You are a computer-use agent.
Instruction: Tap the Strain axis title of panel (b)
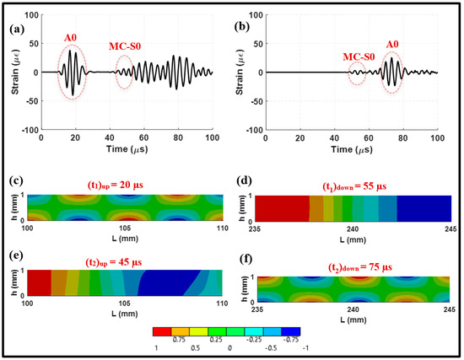click(245, 72)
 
